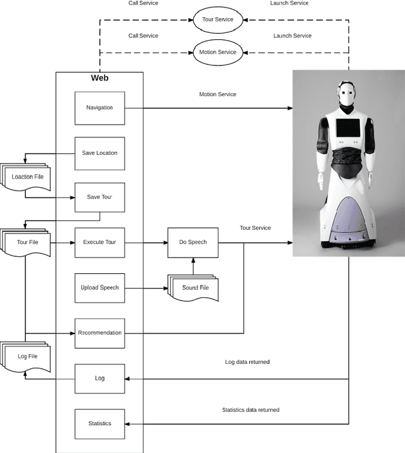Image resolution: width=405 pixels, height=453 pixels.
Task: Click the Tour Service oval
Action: click(218, 19)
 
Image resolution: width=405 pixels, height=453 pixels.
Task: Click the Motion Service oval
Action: click(218, 53)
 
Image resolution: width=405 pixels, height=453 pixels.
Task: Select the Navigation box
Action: click(99, 108)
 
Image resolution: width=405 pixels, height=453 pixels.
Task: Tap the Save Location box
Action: click(99, 153)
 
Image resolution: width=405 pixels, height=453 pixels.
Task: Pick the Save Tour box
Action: click(99, 197)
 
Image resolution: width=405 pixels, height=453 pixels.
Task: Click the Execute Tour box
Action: click(99, 242)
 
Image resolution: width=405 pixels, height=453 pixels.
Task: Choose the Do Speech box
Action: click(192, 242)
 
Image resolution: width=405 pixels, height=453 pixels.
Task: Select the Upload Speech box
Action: click(99, 288)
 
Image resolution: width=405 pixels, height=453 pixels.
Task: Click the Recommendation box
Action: click(99, 333)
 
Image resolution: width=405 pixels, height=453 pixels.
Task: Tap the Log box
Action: click(99, 378)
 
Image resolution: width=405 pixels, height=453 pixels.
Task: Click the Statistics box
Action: click(99, 423)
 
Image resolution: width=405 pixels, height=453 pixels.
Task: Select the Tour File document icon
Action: click(27, 243)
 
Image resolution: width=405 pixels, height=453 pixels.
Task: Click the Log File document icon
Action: click(27, 357)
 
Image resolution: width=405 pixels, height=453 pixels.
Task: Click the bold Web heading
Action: click(99, 78)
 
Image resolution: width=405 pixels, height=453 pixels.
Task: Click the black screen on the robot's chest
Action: click(347, 129)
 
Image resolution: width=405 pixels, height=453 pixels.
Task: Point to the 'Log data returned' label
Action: click(247, 362)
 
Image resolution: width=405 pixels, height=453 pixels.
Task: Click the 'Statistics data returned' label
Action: click(251, 410)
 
